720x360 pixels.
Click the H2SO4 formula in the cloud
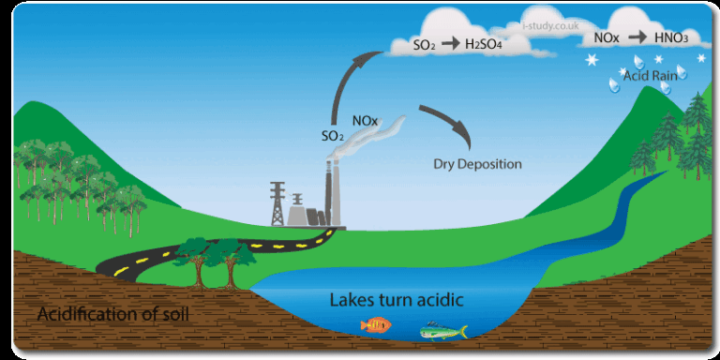click(x=486, y=44)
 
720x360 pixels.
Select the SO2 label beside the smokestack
click(x=332, y=136)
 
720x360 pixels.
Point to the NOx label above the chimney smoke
click(x=365, y=121)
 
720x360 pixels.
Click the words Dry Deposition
click(x=477, y=164)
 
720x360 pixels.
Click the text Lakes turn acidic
click(x=397, y=301)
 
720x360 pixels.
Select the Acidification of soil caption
click(x=113, y=313)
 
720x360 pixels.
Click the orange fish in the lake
click(x=376, y=325)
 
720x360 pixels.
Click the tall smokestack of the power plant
click(x=328, y=192)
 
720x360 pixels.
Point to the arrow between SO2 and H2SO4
click(x=449, y=44)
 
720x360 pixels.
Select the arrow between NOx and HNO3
click(x=637, y=38)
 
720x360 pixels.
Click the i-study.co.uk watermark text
click(x=551, y=28)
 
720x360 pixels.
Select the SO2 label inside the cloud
click(x=424, y=45)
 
